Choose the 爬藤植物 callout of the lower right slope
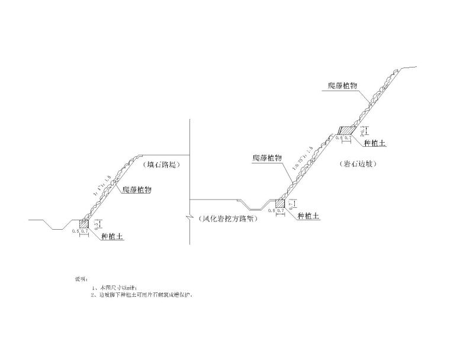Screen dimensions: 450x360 pos(266,157)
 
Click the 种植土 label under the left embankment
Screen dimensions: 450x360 pos(112,236)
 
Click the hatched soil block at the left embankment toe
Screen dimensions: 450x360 pos(84,224)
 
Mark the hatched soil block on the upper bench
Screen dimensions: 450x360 pos(345,130)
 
